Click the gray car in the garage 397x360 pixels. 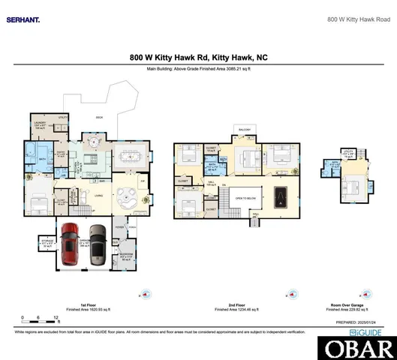coord(97,244)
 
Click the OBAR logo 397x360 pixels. coord(357,348)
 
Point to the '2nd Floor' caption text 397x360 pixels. coord(239,304)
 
